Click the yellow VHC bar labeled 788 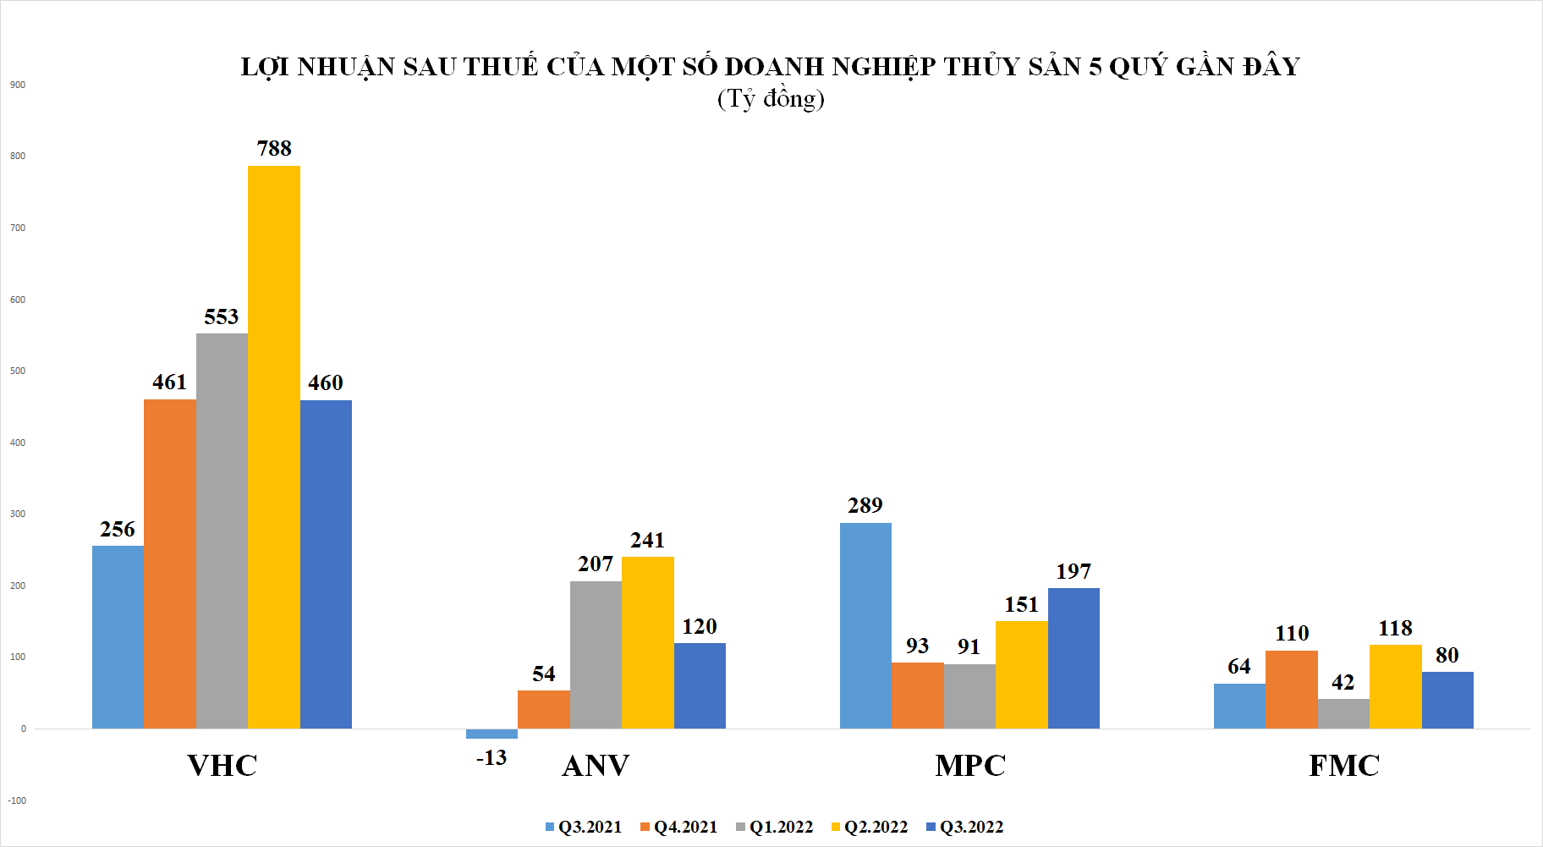click(273, 447)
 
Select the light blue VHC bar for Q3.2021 click(118, 636)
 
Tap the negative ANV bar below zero click(491, 734)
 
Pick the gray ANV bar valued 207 click(596, 654)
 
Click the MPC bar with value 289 click(865, 625)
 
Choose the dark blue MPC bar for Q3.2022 click(1074, 657)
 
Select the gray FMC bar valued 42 click(1343, 713)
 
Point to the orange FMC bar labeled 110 click(1291, 689)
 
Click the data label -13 click(491, 757)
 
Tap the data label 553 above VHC click(222, 316)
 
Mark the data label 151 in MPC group click(1021, 604)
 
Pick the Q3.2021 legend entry click(584, 827)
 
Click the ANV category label click(596, 766)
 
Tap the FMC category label click(1343, 766)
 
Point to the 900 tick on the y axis click(18, 85)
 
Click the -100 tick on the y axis click(17, 800)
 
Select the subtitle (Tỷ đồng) click(771, 99)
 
